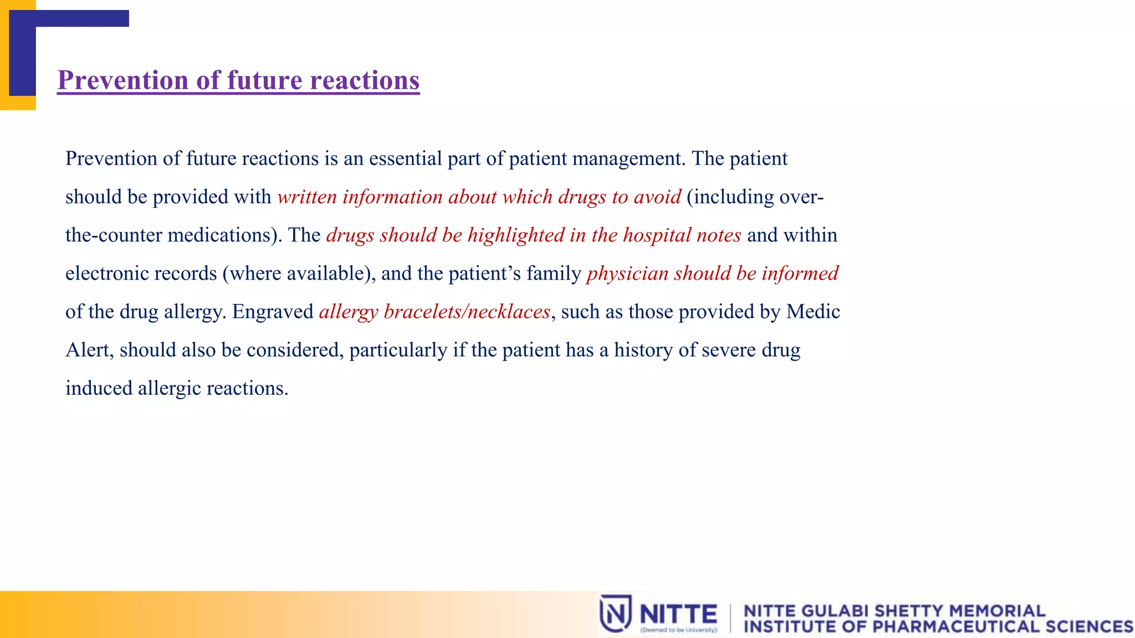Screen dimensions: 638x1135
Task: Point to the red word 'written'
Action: (x=306, y=197)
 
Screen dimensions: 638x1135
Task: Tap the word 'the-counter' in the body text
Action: (x=113, y=235)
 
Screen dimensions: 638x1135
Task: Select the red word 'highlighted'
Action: (x=515, y=235)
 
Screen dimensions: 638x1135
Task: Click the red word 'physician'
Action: (x=627, y=274)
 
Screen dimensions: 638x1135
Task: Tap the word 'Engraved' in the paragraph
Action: (x=273, y=312)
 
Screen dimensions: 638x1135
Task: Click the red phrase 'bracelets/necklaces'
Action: (x=467, y=312)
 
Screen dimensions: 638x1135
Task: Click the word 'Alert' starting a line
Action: (x=89, y=350)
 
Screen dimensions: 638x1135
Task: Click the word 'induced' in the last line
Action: (x=99, y=388)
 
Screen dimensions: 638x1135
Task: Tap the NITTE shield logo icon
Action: (x=615, y=613)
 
